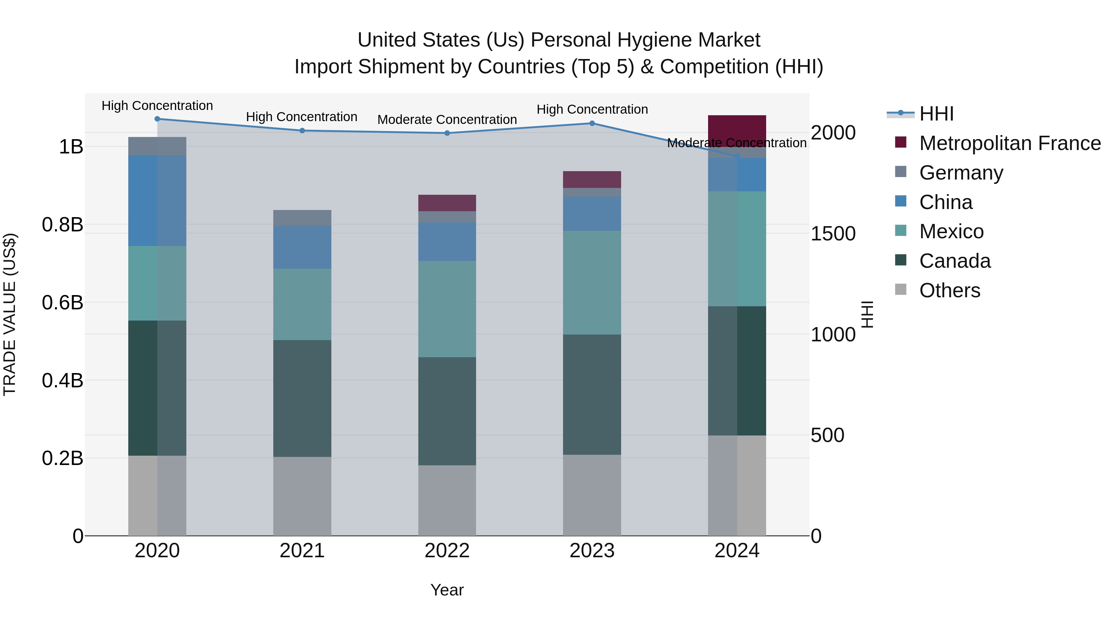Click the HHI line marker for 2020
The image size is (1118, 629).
coord(157,119)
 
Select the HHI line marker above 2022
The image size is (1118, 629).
coord(447,133)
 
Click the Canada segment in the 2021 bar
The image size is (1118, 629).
coord(302,398)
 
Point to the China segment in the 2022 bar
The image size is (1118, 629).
coord(447,241)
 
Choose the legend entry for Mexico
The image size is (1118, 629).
coord(951,231)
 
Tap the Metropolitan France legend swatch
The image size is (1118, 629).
coord(901,142)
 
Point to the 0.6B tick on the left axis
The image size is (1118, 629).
coord(62,303)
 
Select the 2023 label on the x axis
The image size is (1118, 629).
coord(592,551)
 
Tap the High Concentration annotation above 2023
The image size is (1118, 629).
coord(592,109)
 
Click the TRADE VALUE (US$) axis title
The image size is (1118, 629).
coord(10,314)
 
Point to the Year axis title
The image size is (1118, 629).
coord(447,590)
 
